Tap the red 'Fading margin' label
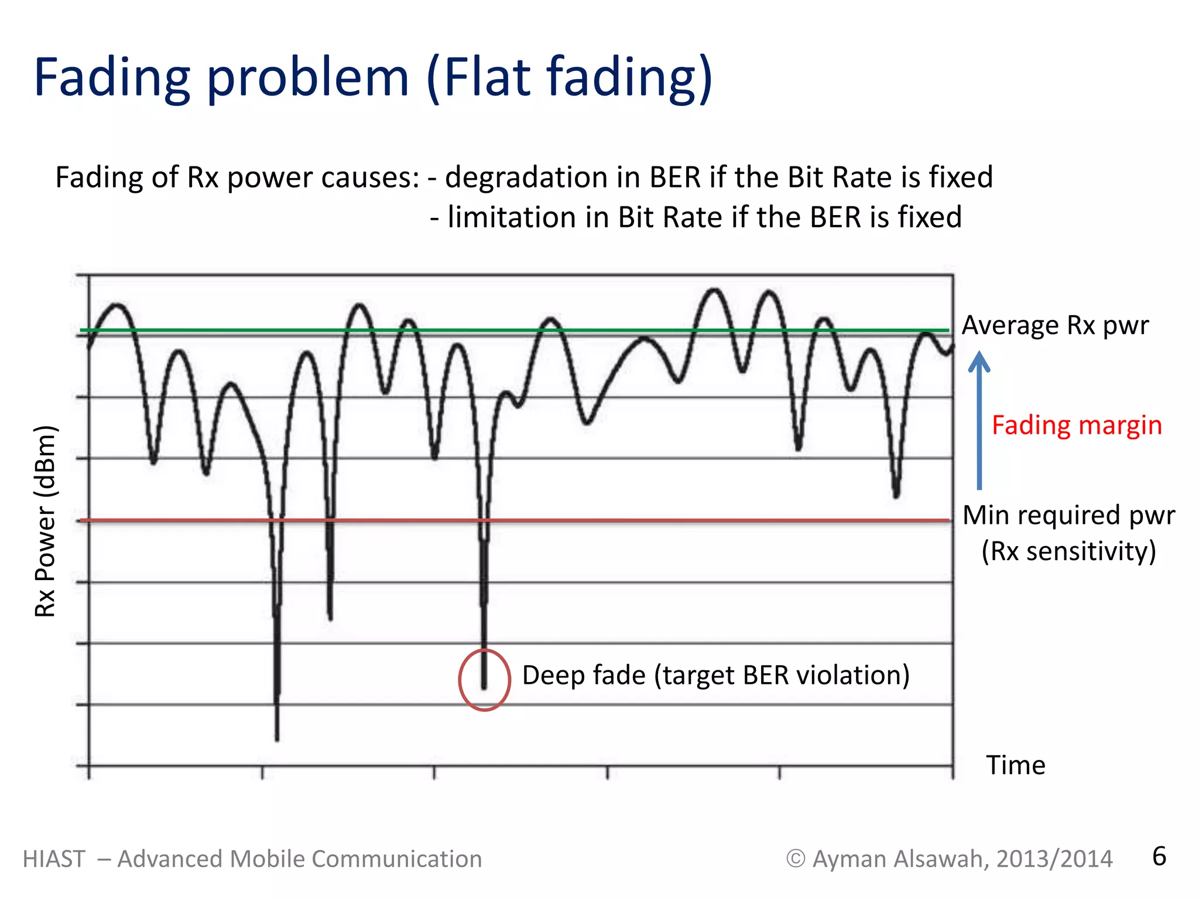point(1076,425)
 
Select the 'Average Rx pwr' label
point(1055,325)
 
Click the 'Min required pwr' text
point(1068,515)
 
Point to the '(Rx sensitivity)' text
point(1068,551)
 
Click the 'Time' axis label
point(1015,765)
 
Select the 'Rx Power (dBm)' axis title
point(45,521)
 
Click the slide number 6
point(1159,857)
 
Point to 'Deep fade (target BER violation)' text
point(715,675)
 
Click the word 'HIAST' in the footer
point(54,859)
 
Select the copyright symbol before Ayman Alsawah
point(795,859)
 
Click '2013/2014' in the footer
point(1054,859)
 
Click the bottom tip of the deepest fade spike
point(277,739)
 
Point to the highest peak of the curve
point(715,290)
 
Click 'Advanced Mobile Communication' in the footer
point(300,859)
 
